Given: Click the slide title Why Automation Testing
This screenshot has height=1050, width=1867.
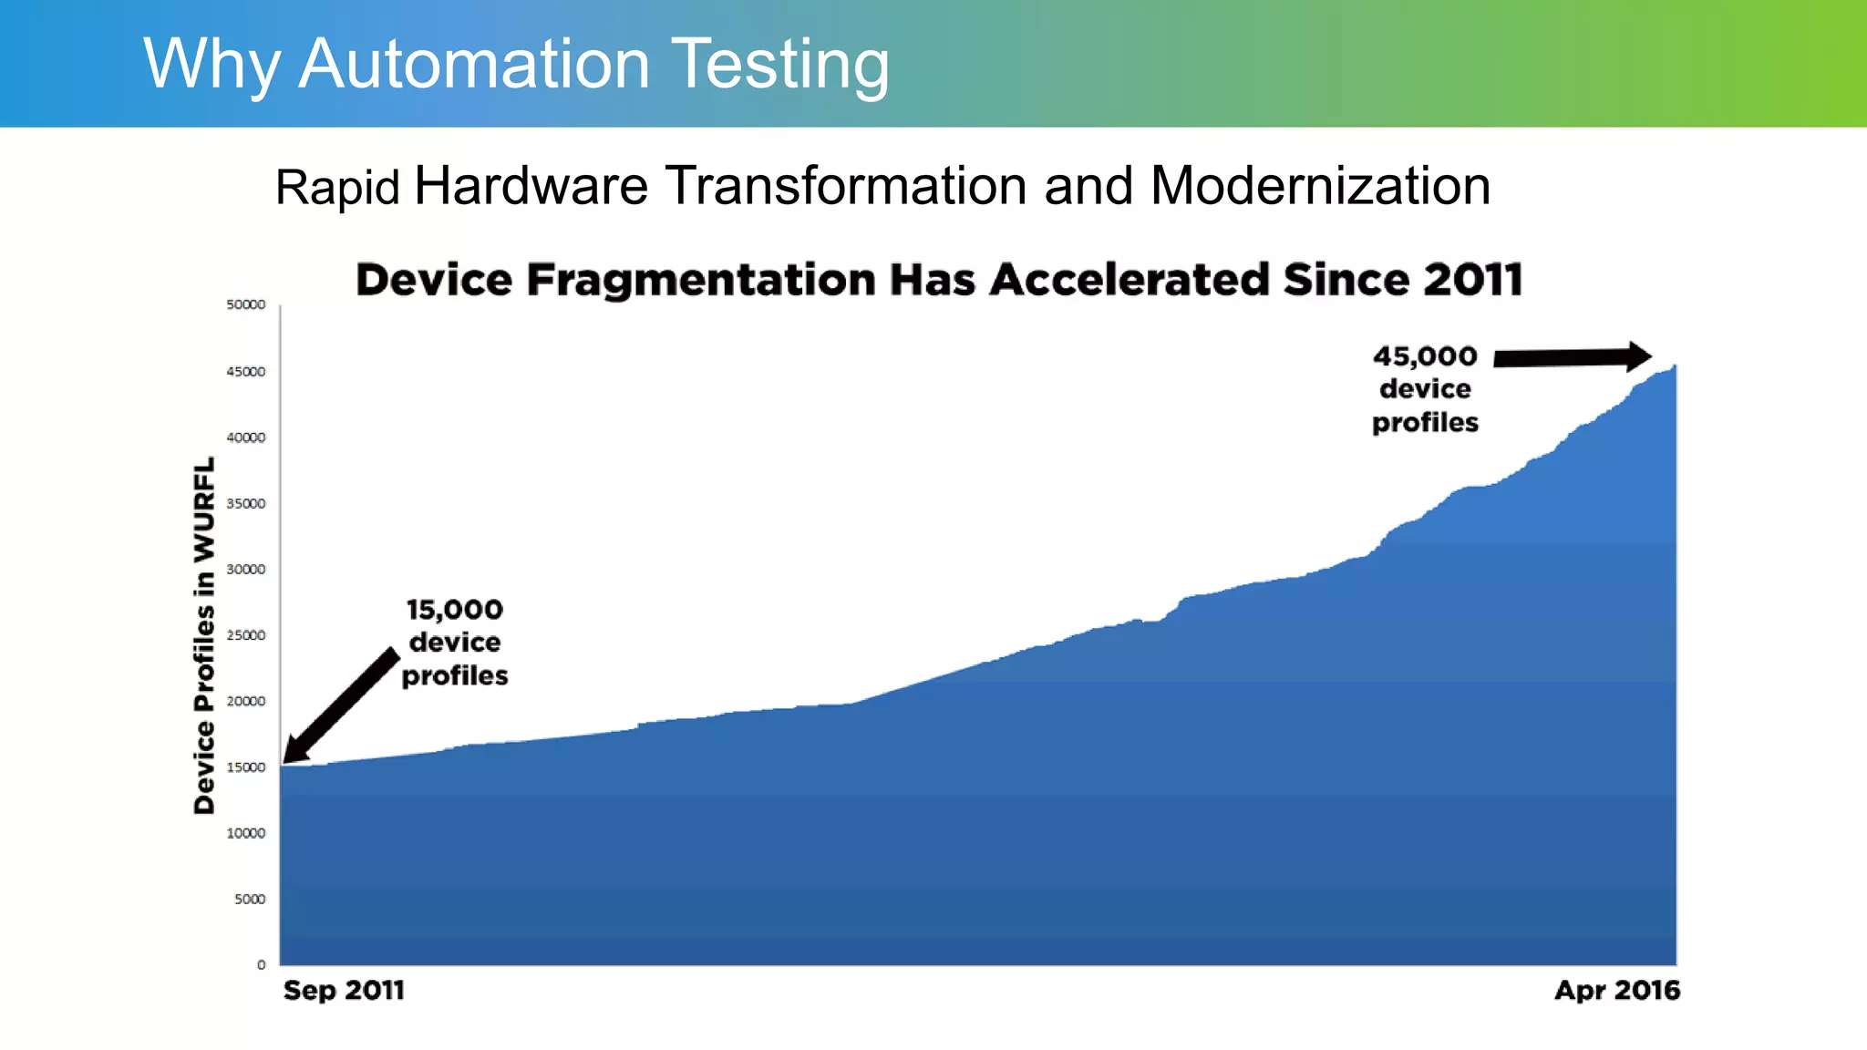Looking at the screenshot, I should pos(516,64).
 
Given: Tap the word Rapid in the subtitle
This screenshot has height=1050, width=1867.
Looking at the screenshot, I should pos(337,188).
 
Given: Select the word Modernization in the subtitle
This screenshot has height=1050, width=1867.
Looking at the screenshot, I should pos(1320,186).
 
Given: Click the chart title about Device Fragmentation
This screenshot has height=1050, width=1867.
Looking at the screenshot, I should pos(939,280).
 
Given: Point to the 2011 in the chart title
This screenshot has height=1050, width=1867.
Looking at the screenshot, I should pos(1473,280).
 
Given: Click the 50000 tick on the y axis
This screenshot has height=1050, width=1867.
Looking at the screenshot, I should pos(246,304).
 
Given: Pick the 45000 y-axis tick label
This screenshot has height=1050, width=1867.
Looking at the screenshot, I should pos(246,372).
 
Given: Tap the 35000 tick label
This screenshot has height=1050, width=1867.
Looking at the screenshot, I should pos(246,503).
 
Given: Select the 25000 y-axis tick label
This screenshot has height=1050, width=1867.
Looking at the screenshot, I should pos(246,635).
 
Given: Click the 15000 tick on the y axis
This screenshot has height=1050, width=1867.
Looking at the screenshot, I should pos(246,767).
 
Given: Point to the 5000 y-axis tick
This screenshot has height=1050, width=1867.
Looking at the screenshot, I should pos(250,899).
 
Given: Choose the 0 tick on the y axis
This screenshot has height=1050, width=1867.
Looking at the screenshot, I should pos(262,964).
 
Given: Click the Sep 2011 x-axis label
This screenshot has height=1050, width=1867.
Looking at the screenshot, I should pos(344,990).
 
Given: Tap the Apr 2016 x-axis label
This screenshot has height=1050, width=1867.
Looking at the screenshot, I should pos(1617,990).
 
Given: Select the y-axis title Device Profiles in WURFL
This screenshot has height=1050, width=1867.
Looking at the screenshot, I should pos(204,635).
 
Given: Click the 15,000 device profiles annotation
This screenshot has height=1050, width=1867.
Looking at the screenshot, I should pos(455,643).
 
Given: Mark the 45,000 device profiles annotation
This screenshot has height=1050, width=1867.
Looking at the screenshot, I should pos(1425,389).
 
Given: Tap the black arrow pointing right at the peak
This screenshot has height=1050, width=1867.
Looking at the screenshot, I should pos(1572,357).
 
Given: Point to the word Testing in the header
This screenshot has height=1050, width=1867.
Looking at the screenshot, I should pos(780,64).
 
